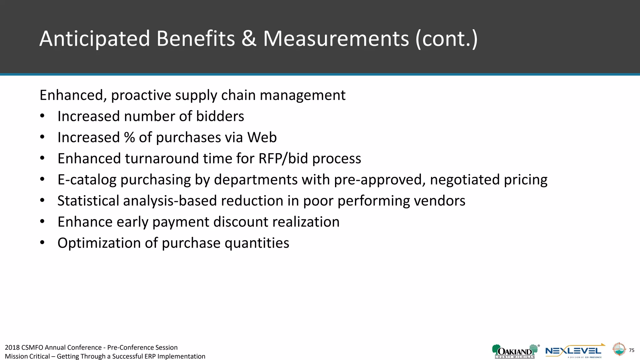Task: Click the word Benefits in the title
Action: click(x=195, y=39)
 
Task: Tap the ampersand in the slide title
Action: click(x=249, y=39)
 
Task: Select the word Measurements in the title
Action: click(x=336, y=39)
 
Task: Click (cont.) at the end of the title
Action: click(x=447, y=39)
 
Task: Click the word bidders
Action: click(x=220, y=116)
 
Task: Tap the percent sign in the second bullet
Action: click(x=129, y=137)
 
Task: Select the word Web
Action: click(x=262, y=137)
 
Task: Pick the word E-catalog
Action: click(x=87, y=180)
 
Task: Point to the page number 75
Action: click(x=632, y=350)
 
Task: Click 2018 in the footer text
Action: click(x=12, y=347)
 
